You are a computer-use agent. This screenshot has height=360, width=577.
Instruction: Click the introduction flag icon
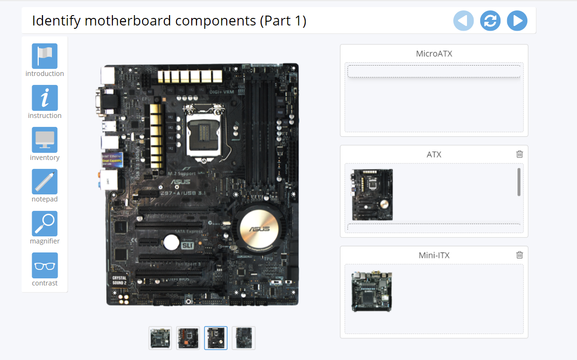point(45,56)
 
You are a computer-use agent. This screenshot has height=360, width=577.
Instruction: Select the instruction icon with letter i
point(45,98)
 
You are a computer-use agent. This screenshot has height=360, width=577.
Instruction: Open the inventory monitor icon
point(45,140)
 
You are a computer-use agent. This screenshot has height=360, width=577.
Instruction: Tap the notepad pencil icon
point(45,182)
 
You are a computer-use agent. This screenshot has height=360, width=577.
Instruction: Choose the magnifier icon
point(45,224)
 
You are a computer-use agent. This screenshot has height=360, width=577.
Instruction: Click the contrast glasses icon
point(45,266)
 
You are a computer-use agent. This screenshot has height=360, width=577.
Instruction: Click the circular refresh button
point(490,21)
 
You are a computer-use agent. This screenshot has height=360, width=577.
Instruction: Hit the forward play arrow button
point(517,21)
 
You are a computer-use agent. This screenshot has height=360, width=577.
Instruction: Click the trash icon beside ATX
point(519,154)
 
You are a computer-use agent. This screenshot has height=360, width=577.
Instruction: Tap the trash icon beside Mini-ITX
point(519,255)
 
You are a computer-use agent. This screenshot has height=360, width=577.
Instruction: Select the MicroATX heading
point(434,54)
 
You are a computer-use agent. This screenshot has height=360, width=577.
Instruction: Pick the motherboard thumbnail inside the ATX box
point(372,194)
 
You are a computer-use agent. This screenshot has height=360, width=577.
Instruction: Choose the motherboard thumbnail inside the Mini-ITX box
point(372,291)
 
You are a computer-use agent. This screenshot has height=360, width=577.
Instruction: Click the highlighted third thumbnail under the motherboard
point(216,338)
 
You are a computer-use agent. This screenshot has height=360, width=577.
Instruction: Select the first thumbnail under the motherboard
point(160,338)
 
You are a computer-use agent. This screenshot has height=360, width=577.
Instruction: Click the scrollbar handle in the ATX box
point(519,182)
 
